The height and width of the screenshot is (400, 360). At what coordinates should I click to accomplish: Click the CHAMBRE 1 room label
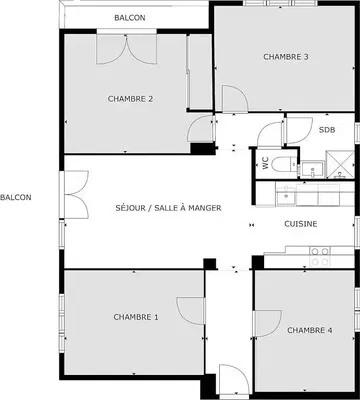[x=136, y=317]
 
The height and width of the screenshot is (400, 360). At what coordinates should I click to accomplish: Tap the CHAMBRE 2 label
[x=131, y=99]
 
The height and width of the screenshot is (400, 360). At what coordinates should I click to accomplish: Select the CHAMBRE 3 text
[x=286, y=57]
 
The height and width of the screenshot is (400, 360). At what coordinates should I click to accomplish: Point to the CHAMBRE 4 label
[x=310, y=330]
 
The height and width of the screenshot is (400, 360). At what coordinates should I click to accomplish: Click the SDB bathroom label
[x=327, y=130]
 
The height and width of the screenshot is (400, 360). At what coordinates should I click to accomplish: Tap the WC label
[x=266, y=163]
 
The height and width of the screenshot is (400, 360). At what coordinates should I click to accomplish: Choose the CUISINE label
[x=301, y=224]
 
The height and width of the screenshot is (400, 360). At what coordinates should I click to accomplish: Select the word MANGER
[x=205, y=208]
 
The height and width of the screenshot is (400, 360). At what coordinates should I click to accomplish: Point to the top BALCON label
[x=130, y=18]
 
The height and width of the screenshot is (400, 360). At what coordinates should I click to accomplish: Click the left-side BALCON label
[x=16, y=197]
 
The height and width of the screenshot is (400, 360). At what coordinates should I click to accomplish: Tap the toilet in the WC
[x=284, y=164]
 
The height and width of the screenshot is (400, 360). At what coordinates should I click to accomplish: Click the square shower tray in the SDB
[x=340, y=165]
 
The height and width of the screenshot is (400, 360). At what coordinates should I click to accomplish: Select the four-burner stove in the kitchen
[x=320, y=256]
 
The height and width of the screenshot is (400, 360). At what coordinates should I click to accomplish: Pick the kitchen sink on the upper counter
[x=286, y=196]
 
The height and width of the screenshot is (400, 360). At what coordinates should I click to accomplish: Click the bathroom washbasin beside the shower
[x=312, y=169]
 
